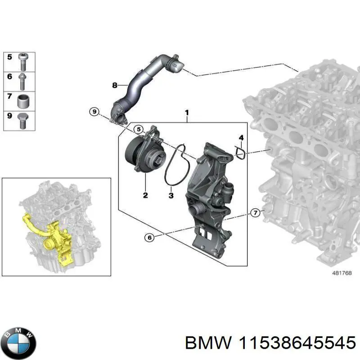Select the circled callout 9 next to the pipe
pyautogui.click(x=94, y=112)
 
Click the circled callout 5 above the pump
pyautogui.click(x=139, y=130)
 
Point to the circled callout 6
pyautogui.click(x=149, y=237)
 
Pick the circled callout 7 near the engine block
pyautogui.click(x=255, y=213)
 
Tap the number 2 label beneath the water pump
pyautogui.click(x=145, y=195)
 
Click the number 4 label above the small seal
pyautogui.click(x=241, y=137)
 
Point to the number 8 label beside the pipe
pyautogui.click(x=114, y=85)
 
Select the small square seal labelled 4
pyautogui.click(x=240, y=153)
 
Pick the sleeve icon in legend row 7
pyautogui.click(x=24, y=100)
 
